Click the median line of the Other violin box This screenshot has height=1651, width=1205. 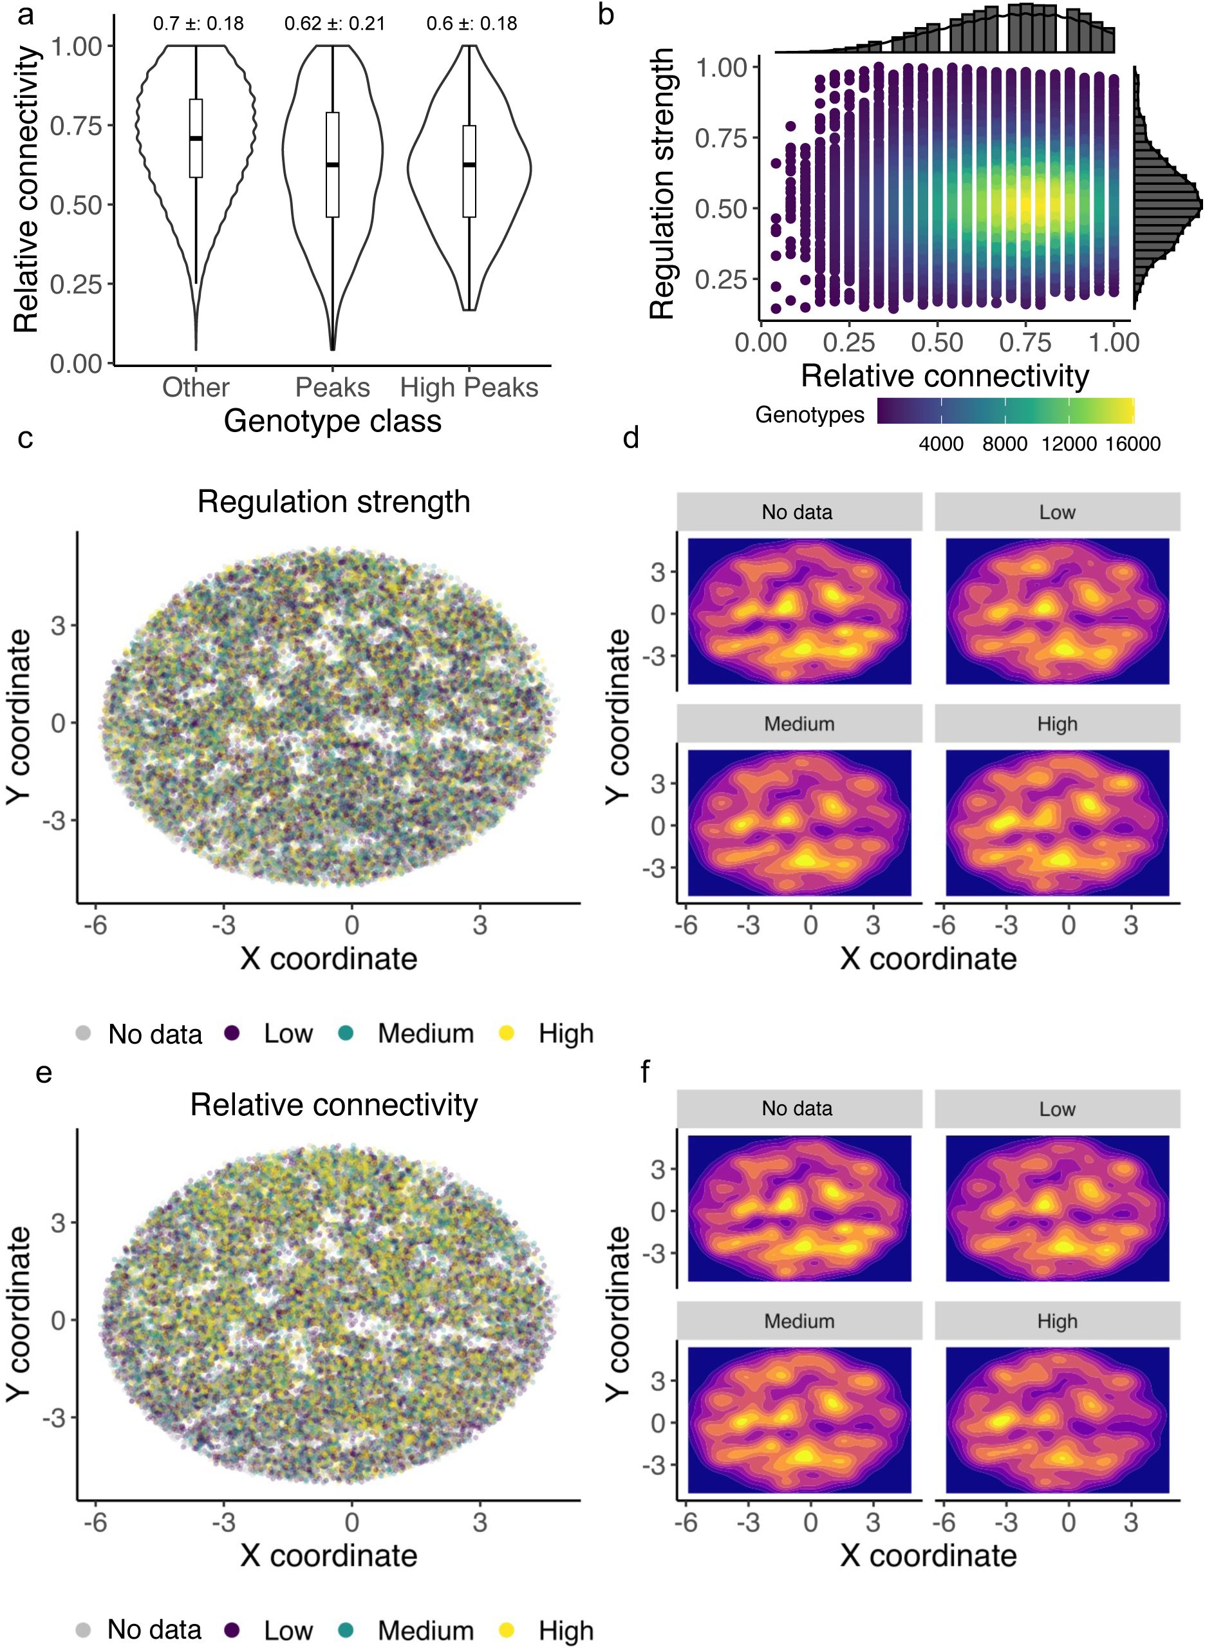pyautogui.click(x=196, y=138)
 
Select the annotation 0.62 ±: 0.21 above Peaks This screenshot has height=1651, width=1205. pyautogui.click(x=334, y=24)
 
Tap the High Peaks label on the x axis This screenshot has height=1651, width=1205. pyautogui.click(x=469, y=388)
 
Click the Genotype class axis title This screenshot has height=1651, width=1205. pyautogui.click(x=333, y=421)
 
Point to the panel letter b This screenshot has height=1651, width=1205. pyautogui.click(x=606, y=14)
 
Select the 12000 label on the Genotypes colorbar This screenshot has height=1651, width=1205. pyautogui.click(x=1069, y=444)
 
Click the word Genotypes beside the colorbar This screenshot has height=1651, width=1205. pyautogui.click(x=810, y=415)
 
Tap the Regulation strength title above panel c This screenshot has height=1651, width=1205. pyautogui.click(x=333, y=502)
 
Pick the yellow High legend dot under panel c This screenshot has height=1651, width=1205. pyautogui.click(x=506, y=1033)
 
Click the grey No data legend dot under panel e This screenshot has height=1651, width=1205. pyautogui.click(x=83, y=1630)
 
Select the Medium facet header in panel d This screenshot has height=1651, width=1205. pyautogui.click(x=799, y=724)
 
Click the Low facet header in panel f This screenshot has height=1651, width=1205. pyautogui.click(x=1057, y=1109)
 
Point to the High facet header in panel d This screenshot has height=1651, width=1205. pyautogui.click(x=1057, y=724)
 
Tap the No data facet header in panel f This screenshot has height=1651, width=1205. pyautogui.click(x=798, y=1109)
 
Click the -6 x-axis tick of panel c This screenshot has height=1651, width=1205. pyautogui.click(x=95, y=925)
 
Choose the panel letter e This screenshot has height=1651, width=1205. pyautogui.click(x=44, y=1073)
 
